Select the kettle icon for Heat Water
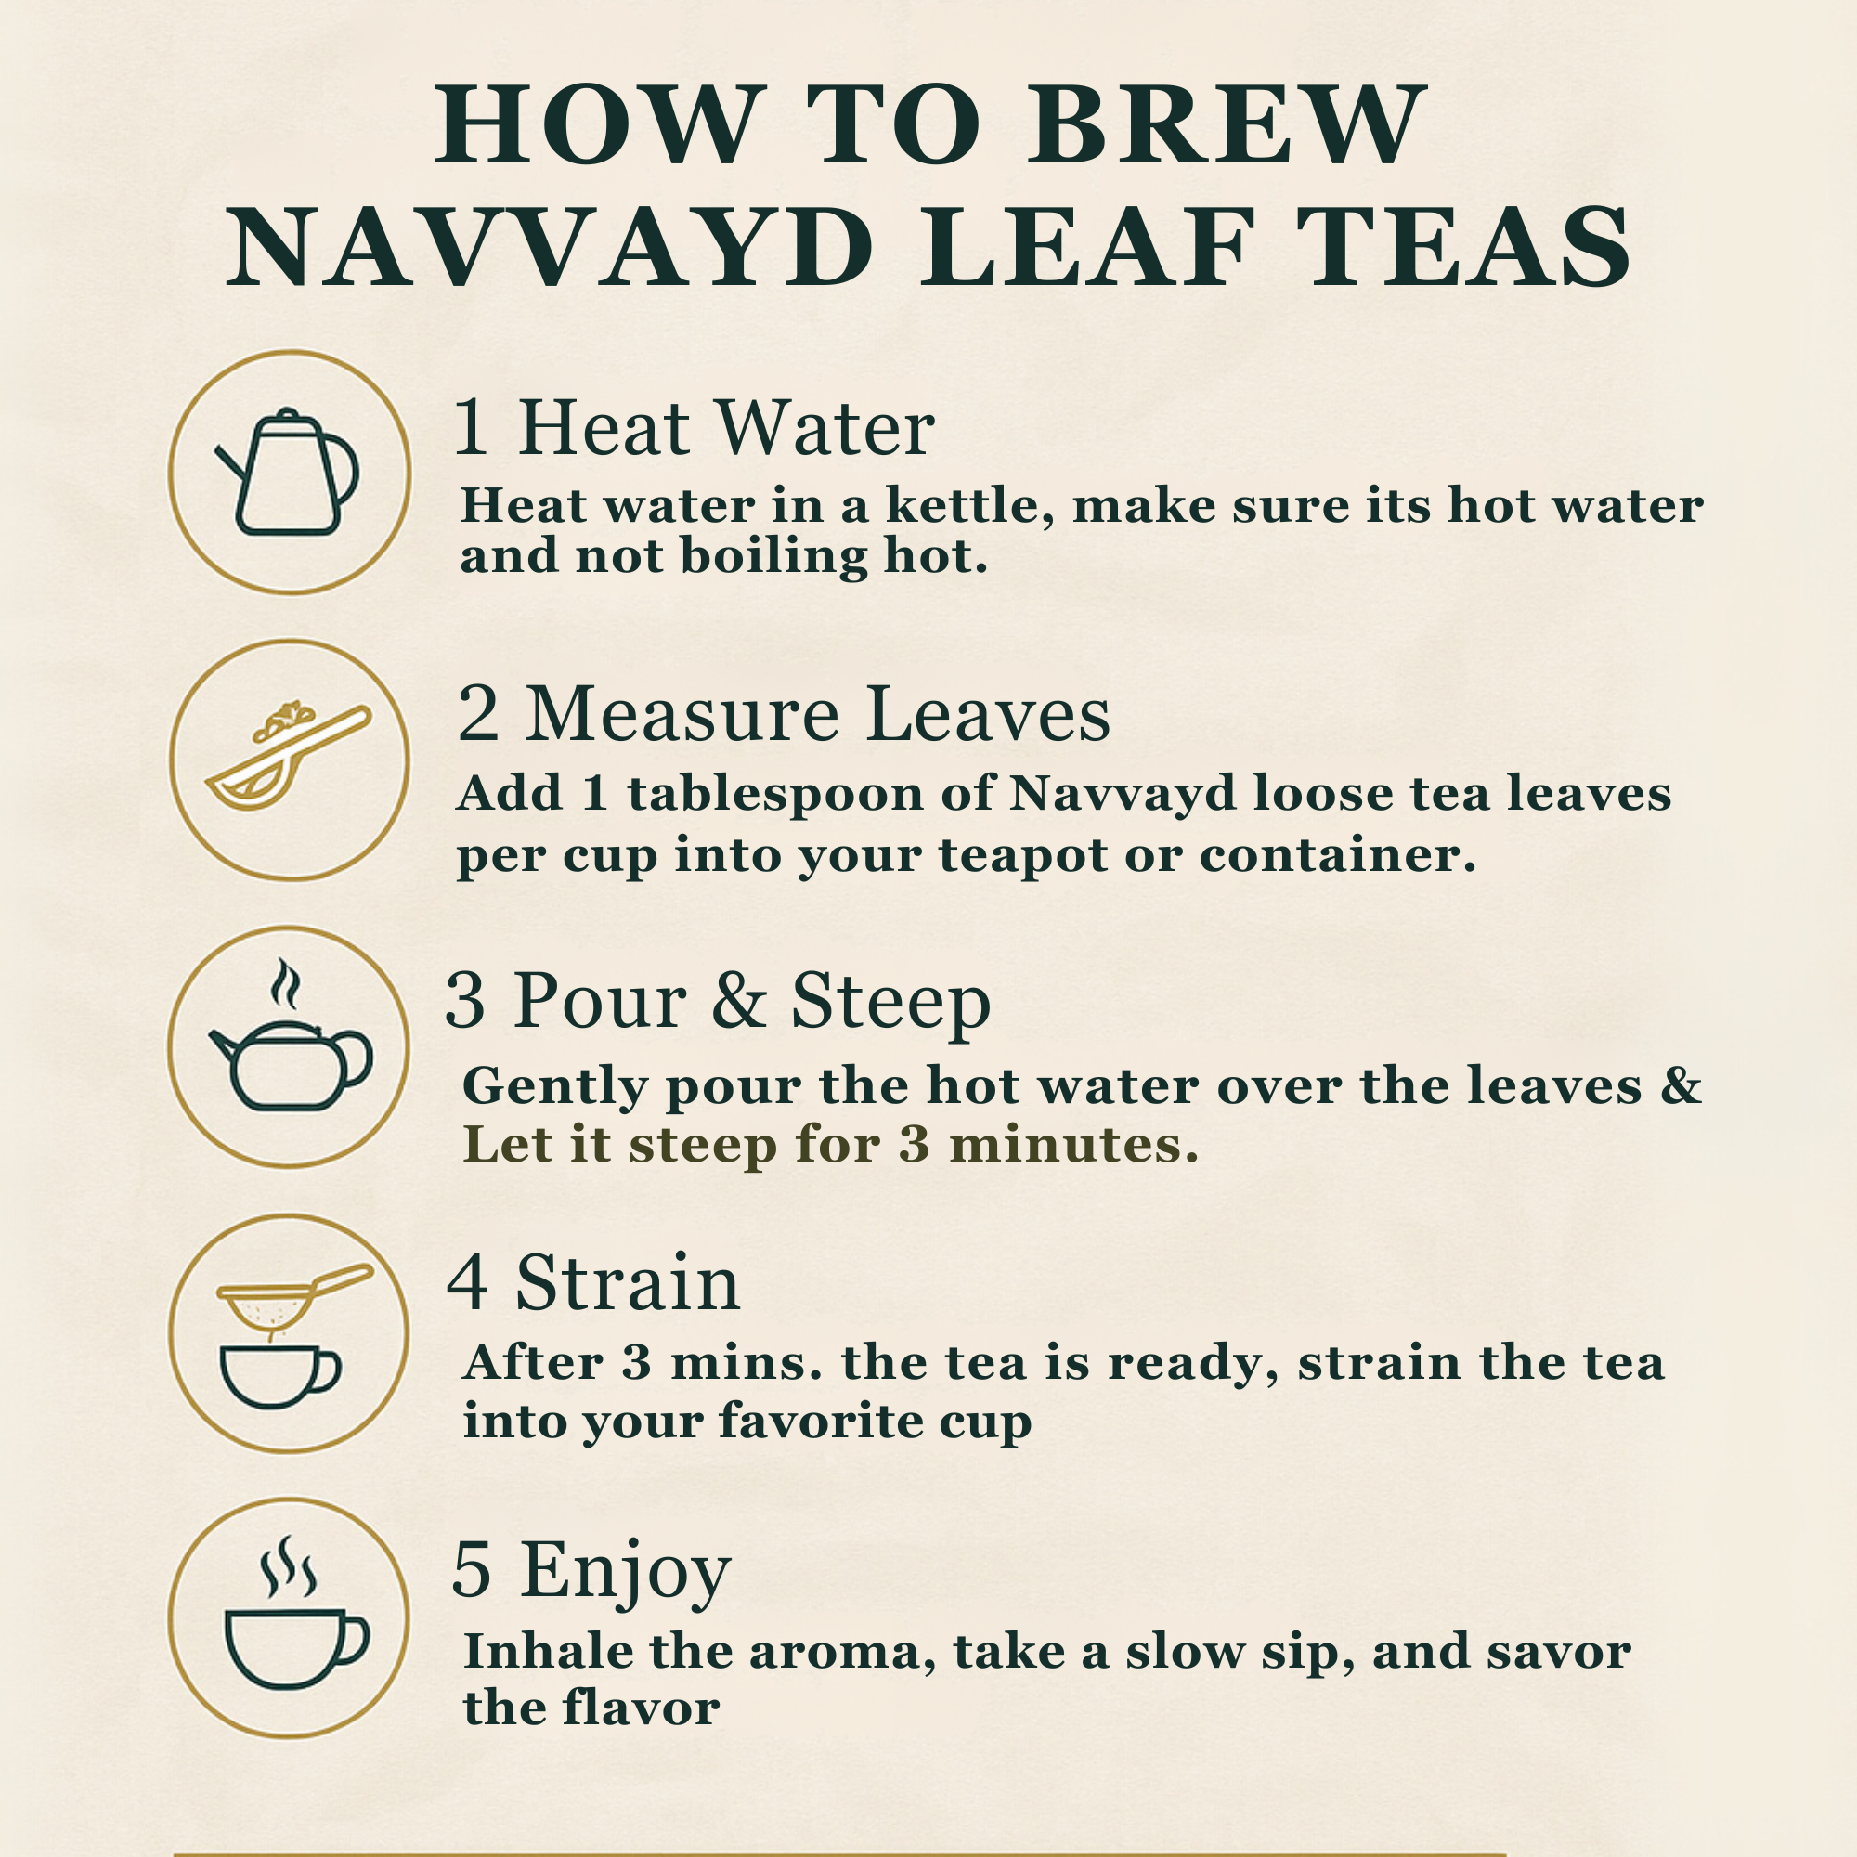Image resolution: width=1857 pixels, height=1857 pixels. click(x=289, y=473)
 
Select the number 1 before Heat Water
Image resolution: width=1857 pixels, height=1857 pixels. click(x=472, y=428)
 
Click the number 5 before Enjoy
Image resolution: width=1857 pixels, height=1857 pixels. click(x=472, y=1569)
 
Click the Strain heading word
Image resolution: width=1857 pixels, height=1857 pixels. click(x=628, y=1284)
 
